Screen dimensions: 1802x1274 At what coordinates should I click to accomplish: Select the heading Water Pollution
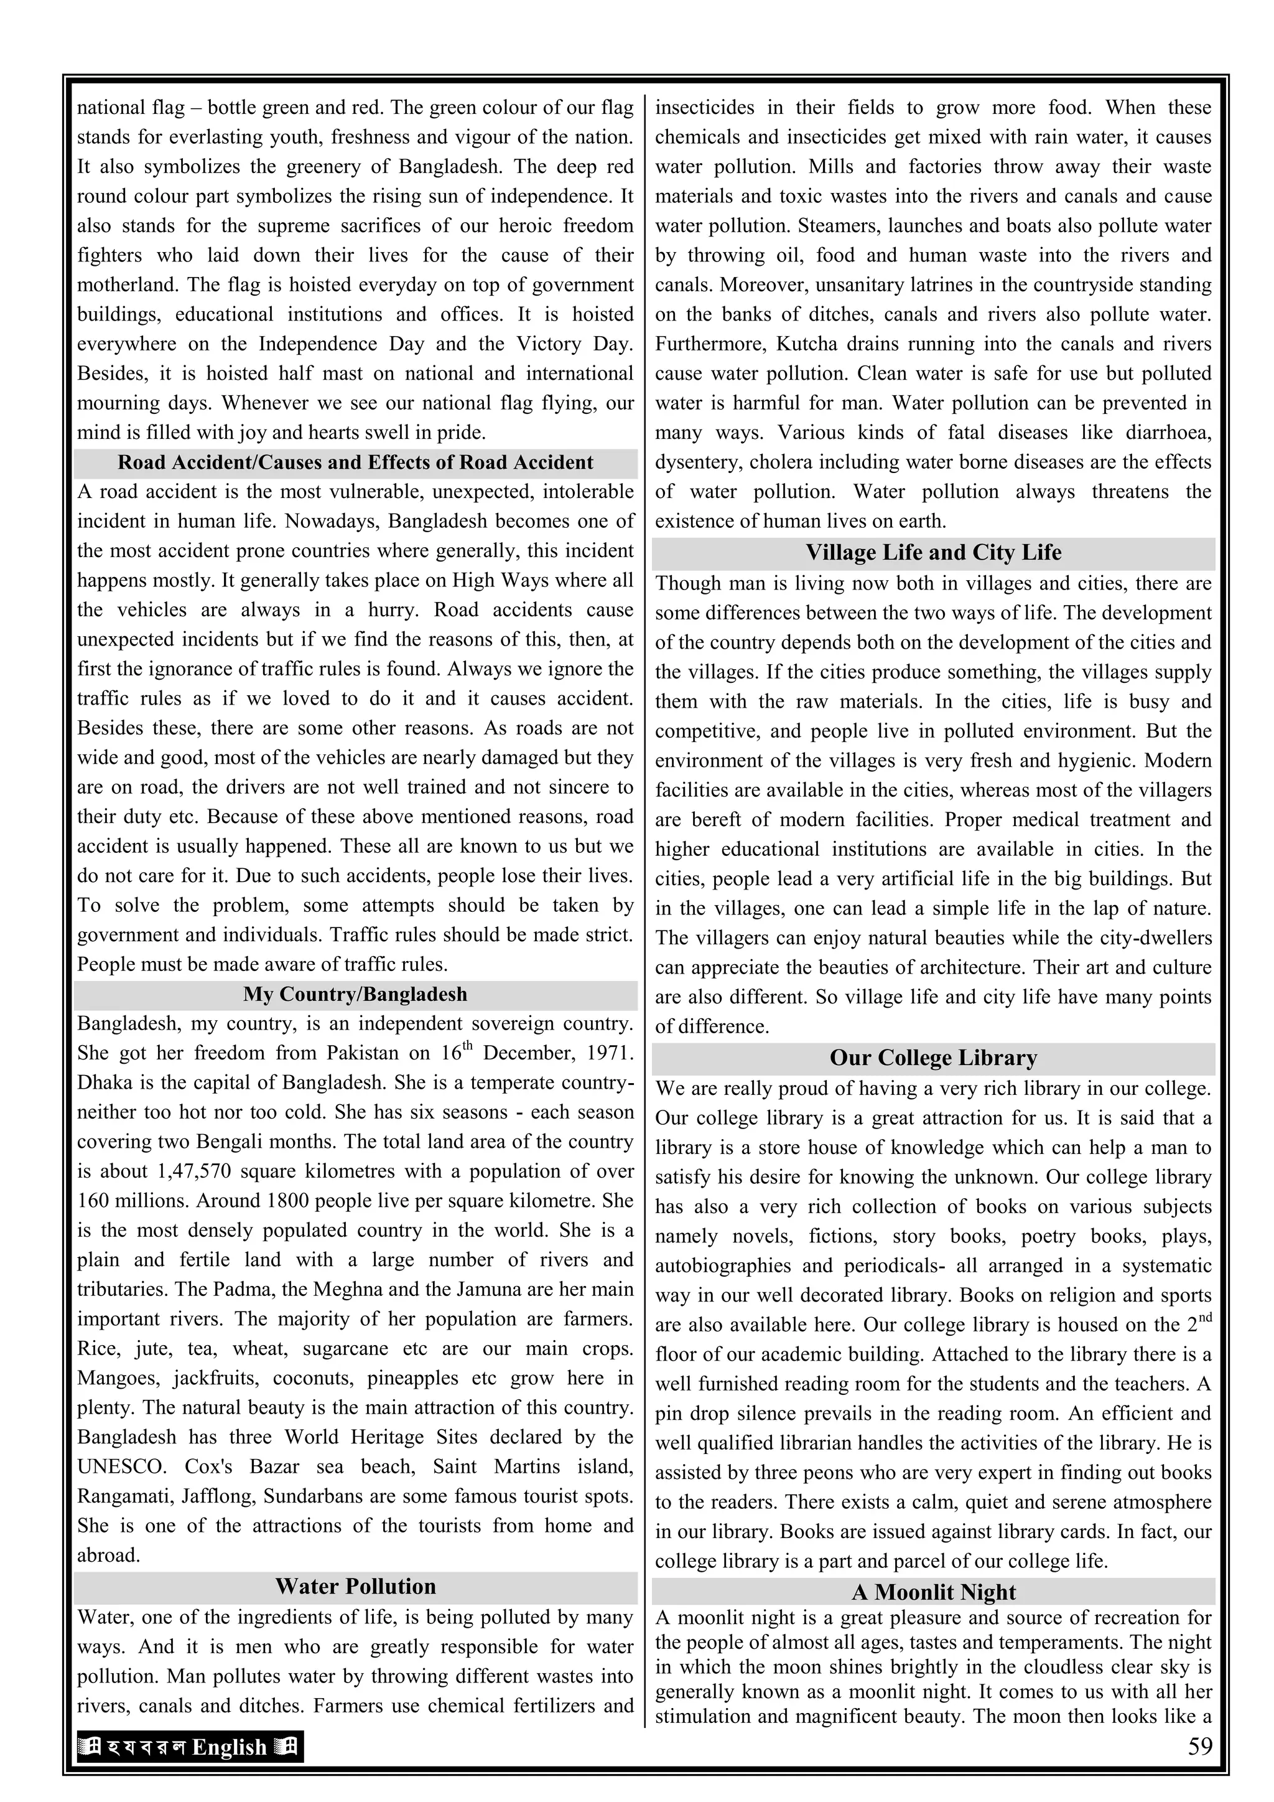click(355, 1586)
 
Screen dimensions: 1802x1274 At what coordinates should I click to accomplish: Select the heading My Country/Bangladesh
click(355, 995)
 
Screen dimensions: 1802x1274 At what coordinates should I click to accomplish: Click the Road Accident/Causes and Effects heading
click(355, 462)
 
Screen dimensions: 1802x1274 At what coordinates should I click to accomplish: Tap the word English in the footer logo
click(229, 1748)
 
